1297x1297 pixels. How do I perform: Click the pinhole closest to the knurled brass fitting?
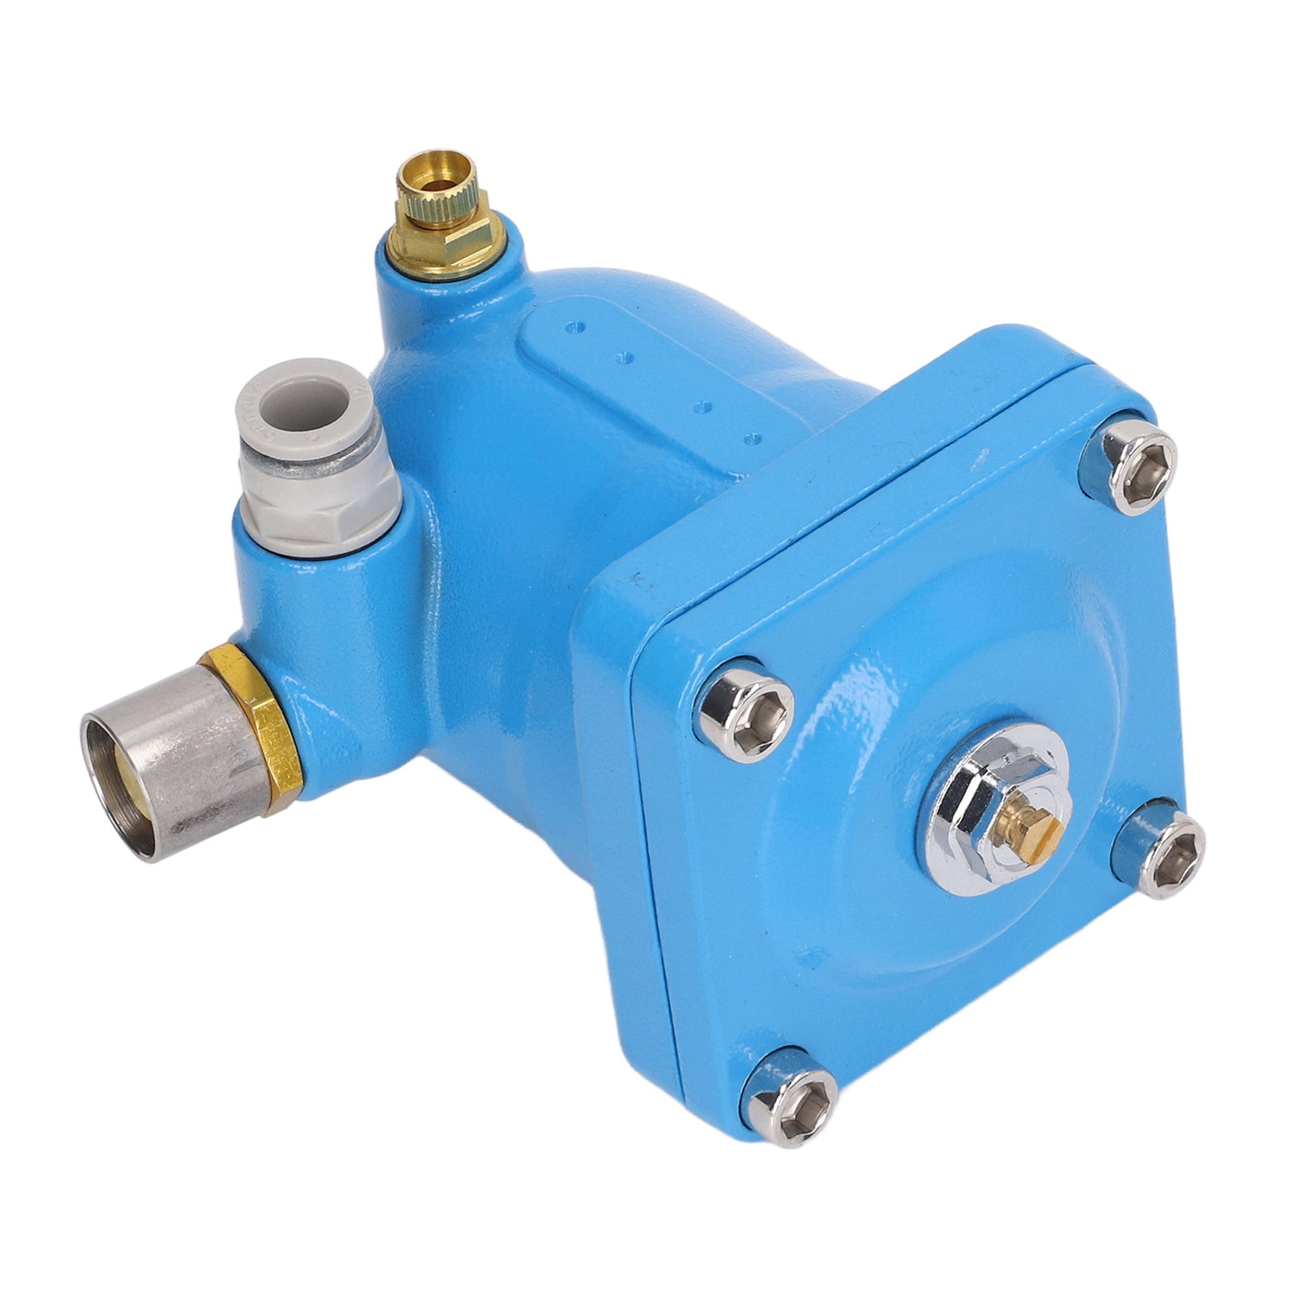click(576, 328)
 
